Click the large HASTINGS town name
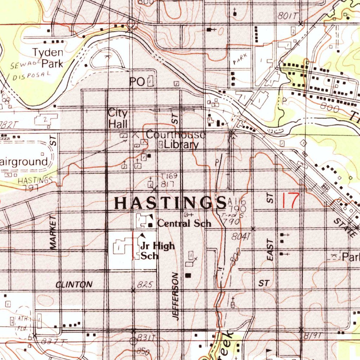click(x=171, y=203)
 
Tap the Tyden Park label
click(x=48, y=58)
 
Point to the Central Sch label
click(x=184, y=223)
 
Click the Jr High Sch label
click(x=157, y=250)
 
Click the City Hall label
click(x=117, y=118)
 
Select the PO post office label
click(x=137, y=82)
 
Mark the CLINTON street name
click(x=74, y=284)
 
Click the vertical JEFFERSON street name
click(x=176, y=296)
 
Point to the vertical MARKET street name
click(x=53, y=233)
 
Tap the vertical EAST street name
click(x=270, y=250)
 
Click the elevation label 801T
click(x=287, y=16)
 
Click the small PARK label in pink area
click(x=240, y=60)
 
